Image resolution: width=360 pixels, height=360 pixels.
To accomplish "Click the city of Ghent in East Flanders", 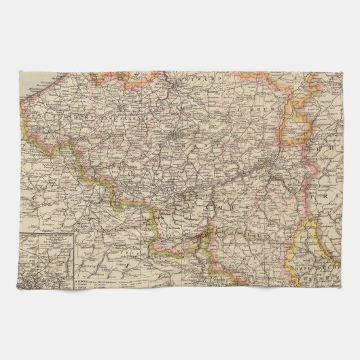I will click(122, 107).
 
